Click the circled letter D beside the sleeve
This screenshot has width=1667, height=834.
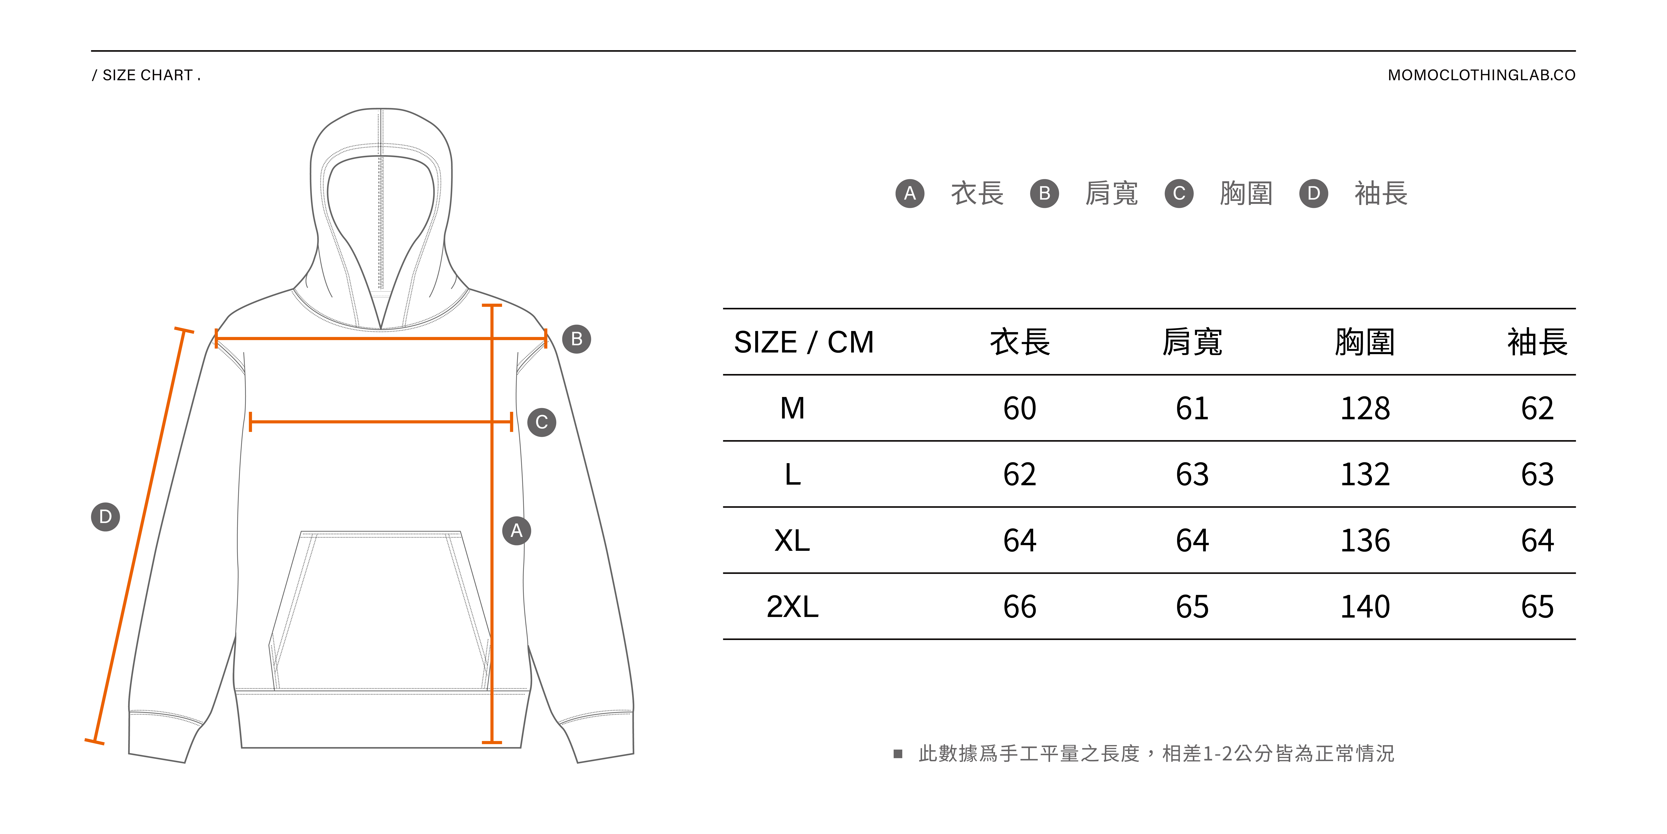105,517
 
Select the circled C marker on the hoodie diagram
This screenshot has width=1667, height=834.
542,422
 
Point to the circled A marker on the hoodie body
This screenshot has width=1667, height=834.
516,531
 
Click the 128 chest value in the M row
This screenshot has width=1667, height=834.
1365,409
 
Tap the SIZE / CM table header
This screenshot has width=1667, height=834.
804,342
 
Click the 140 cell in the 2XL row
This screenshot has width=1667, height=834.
1365,607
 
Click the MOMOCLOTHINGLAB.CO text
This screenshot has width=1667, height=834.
1481,75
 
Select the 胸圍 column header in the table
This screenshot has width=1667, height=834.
1365,342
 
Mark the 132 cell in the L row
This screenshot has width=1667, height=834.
1365,475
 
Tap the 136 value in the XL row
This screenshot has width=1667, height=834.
1365,541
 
